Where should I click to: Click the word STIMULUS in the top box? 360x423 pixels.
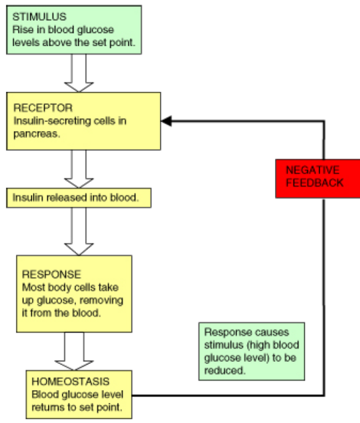pyautogui.click(x=39, y=17)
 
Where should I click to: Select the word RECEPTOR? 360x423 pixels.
pyautogui.click(x=43, y=108)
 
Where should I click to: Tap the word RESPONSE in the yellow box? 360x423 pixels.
pyautogui.click(x=51, y=274)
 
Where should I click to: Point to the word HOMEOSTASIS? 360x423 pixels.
pyautogui.click(x=70, y=382)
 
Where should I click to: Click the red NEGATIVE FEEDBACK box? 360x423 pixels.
pyautogui.click(x=318, y=179)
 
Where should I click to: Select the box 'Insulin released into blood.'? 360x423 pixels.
pyautogui.click(x=79, y=198)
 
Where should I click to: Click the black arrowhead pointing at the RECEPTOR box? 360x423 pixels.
pyautogui.click(x=166, y=121)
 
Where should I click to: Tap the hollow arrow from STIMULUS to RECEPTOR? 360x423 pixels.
pyautogui.click(x=79, y=73)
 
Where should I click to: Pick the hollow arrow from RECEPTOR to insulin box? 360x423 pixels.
pyautogui.click(x=79, y=169)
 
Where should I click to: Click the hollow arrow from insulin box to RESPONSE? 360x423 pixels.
pyautogui.click(x=79, y=231)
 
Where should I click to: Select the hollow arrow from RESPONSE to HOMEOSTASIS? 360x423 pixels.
pyautogui.click(x=74, y=351)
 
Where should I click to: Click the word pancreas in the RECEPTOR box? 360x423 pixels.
pyautogui.click(x=36, y=134)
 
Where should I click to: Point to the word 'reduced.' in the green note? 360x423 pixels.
pyautogui.click(x=225, y=370)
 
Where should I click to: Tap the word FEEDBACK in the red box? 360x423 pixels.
pyautogui.click(x=315, y=183)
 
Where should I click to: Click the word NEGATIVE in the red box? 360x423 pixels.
pyautogui.click(x=313, y=170)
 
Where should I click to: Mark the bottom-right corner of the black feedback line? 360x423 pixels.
pyautogui.click(x=324, y=395)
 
